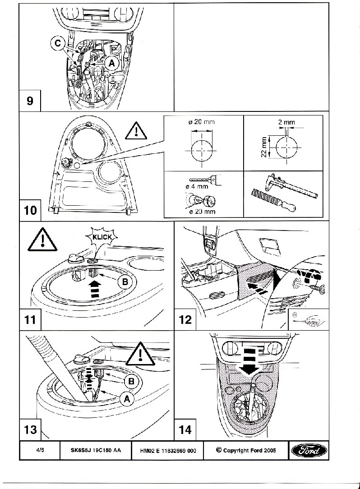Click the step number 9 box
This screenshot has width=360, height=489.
pos(30,100)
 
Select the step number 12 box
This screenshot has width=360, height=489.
pos(185,319)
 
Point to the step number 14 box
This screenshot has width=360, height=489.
pos(185,429)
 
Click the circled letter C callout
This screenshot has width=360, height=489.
pos(56,43)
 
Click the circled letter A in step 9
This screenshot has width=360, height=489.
pos(112,64)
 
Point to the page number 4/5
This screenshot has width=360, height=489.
pos(39,450)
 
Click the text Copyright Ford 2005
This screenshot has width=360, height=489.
pos(246,450)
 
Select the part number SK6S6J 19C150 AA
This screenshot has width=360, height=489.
pos(96,450)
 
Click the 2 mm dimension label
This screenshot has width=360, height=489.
pos(287,122)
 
